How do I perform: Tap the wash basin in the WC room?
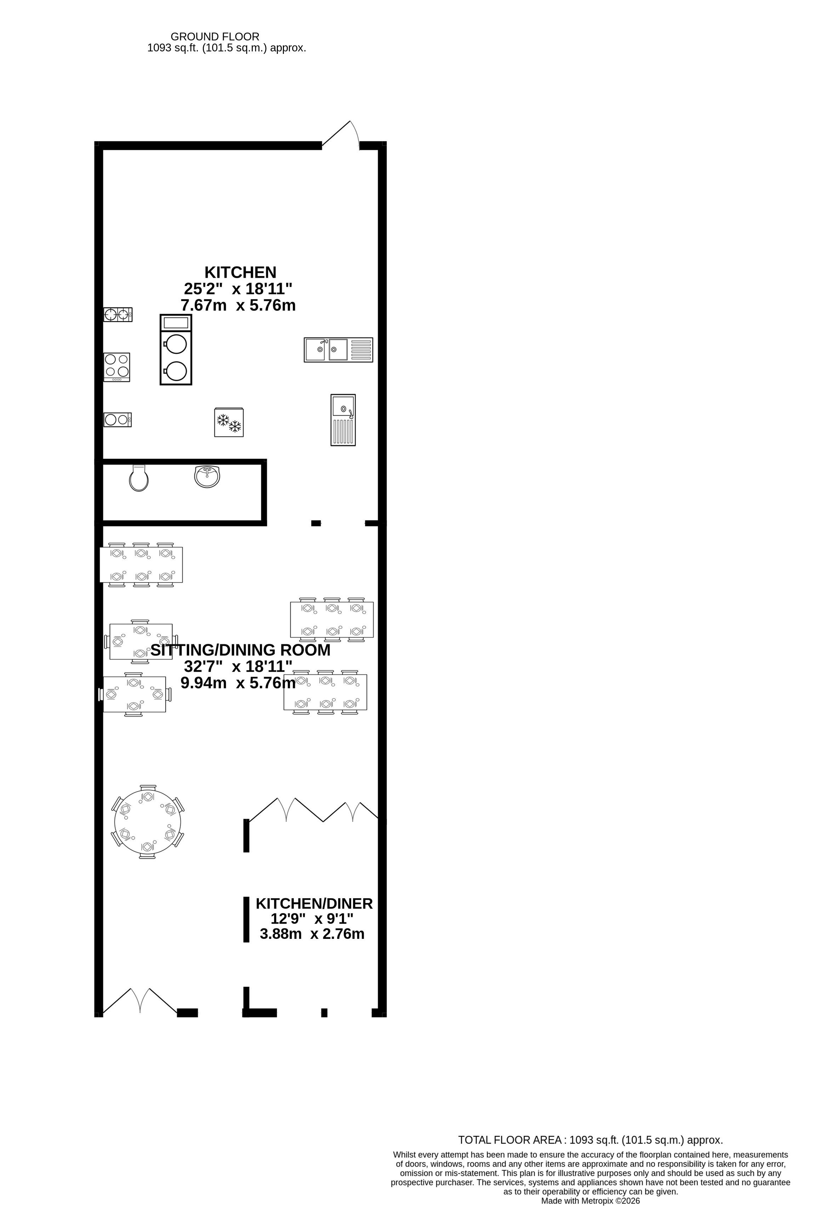click(207, 477)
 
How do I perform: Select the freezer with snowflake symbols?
click(229, 422)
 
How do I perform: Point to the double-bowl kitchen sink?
click(338, 350)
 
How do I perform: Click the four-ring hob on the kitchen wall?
click(117, 367)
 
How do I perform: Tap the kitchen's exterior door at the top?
click(341, 135)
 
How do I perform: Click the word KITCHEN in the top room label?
click(240, 272)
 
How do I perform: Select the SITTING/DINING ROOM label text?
click(240, 650)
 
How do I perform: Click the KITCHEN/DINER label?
click(314, 903)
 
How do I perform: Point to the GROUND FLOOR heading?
click(215, 37)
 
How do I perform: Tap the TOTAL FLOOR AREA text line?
click(590, 1140)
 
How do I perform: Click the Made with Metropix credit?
click(591, 1201)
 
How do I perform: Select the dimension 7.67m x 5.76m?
click(238, 305)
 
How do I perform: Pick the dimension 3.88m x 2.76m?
click(312, 934)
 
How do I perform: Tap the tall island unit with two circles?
click(176, 350)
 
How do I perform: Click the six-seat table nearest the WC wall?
click(141, 565)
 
